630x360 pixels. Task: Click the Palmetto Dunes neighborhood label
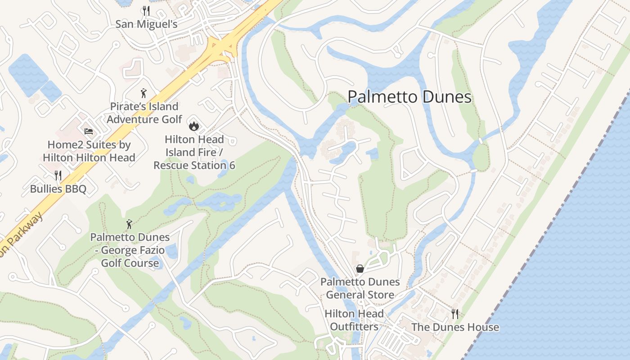(x=409, y=97)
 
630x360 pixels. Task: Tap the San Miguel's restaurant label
(x=146, y=24)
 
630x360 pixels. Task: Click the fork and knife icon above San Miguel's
(x=146, y=10)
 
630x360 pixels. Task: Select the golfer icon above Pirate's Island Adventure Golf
(x=144, y=93)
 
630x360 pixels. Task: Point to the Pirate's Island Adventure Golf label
(x=144, y=113)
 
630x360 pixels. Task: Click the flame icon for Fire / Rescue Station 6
(x=194, y=126)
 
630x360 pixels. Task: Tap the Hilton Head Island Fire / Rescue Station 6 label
(x=194, y=153)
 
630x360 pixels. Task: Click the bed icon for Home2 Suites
(x=89, y=131)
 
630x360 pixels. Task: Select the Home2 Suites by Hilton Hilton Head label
(x=89, y=151)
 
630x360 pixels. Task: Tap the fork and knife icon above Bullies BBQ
(x=58, y=175)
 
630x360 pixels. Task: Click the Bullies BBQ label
(x=58, y=189)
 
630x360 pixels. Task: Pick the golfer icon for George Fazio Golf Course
(x=130, y=224)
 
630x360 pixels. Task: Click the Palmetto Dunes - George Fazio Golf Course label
(x=130, y=250)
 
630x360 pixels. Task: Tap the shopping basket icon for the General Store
(x=360, y=269)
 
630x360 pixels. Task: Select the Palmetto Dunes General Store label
(x=360, y=288)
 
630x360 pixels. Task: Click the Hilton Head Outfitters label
(x=354, y=320)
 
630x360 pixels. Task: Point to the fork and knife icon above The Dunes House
(x=455, y=314)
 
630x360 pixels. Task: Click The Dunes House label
(x=455, y=327)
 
